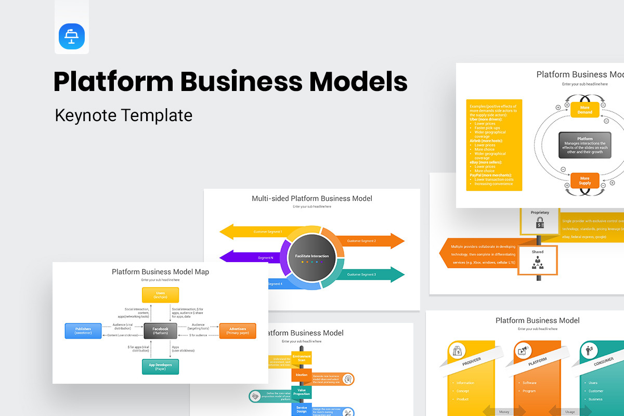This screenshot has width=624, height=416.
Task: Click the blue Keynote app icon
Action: pos(72,37)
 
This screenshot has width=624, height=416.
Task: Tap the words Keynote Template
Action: pos(124,115)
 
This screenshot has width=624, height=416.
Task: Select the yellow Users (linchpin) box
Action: pos(160,295)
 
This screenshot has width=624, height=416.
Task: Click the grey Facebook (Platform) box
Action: pos(160,331)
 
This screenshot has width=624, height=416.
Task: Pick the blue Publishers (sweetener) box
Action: pos(83,331)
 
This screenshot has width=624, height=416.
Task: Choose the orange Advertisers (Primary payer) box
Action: pos(238,331)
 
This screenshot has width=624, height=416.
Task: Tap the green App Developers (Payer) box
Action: pos(160,367)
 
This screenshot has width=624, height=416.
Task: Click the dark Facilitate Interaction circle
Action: pos(312,256)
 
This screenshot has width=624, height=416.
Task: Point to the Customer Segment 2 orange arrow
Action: pos(369,241)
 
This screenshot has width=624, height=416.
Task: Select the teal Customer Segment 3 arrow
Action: pos(369,274)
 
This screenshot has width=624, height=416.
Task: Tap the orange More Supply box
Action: pos(585,180)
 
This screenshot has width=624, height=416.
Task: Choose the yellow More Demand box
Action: pos(585,109)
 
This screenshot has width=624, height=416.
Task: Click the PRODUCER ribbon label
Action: pos(472,361)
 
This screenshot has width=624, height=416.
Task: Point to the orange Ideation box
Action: pos(302,375)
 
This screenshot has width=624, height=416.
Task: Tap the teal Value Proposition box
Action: pos(302,392)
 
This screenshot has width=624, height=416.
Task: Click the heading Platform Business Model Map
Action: pos(160,272)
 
